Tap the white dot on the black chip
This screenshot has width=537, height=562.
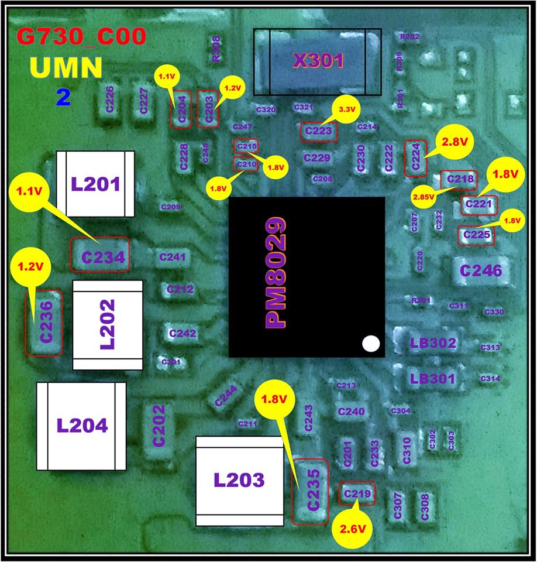[x=370, y=344]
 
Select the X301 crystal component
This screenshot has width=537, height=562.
[x=318, y=61]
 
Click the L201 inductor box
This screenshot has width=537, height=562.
[x=95, y=184]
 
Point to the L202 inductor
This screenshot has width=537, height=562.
[x=108, y=325]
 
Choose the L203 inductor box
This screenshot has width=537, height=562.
[x=238, y=481]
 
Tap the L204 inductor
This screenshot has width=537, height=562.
[x=82, y=426]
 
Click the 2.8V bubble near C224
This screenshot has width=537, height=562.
[x=454, y=142]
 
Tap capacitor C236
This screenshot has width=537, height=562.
[x=44, y=322]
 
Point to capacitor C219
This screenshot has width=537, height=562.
[x=357, y=495]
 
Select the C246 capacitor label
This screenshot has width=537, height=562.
[x=480, y=270]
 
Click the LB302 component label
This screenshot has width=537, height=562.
[x=433, y=343]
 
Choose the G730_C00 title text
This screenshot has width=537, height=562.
[x=81, y=38]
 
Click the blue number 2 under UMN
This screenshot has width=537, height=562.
[x=63, y=97]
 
